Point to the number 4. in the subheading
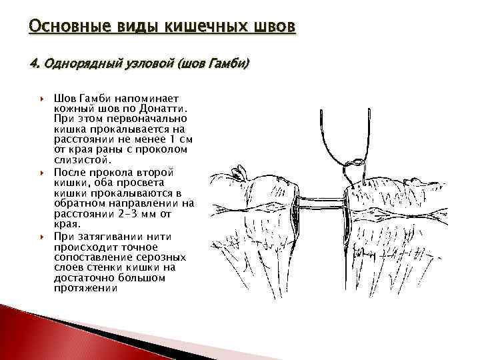[35, 65]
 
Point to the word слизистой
[83, 161]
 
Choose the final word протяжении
[85, 289]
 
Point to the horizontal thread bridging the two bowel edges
[320, 199]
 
